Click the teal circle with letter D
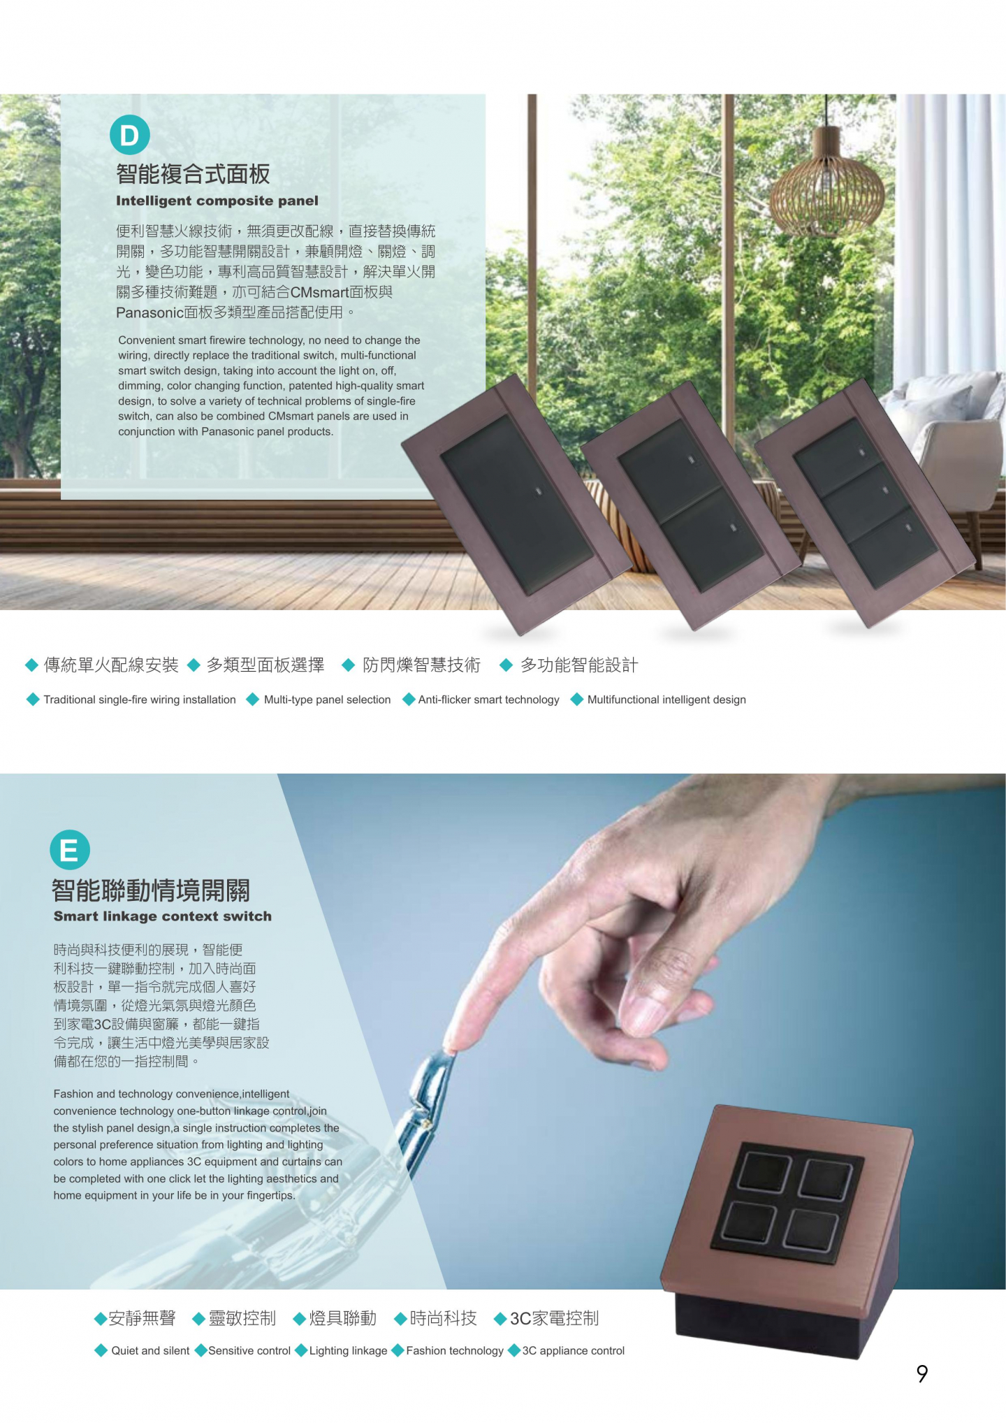(x=129, y=135)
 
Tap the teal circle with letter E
(x=70, y=850)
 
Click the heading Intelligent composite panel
(x=217, y=201)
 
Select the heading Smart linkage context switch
(x=163, y=916)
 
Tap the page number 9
(x=922, y=1374)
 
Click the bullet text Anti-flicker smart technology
(x=489, y=700)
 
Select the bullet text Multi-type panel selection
(x=327, y=700)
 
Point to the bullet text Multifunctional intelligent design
(x=666, y=700)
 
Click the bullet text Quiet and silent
(x=150, y=1350)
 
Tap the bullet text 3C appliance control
(x=574, y=1350)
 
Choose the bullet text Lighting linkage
(x=348, y=1350)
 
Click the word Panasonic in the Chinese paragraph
(x=150, y=312)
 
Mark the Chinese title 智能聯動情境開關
(x=151, y=890)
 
